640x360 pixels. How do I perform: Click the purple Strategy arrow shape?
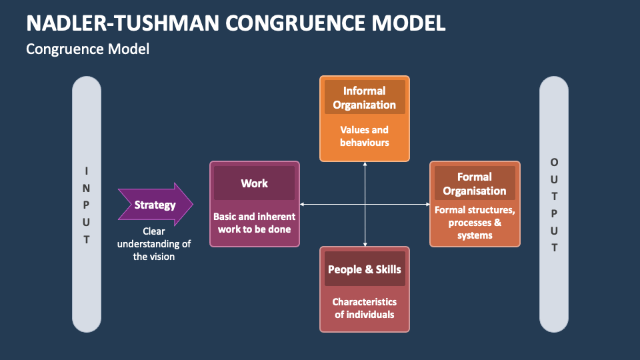click(x=155, y=205)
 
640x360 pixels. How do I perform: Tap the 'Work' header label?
click(x=254, y=183)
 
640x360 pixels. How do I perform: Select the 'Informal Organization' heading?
click(x=364, y=97)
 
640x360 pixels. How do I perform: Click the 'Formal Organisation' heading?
click(x=475, y=183)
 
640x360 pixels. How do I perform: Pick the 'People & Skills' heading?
click(x=364, y=269)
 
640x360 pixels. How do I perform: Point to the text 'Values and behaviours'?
click(x=364, y=136)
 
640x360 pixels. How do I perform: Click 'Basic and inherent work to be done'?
click(x=254, y=223)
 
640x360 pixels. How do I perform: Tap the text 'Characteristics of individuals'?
click(x=364, y=308)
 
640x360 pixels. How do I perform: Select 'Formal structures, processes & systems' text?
click(x=475, y=222)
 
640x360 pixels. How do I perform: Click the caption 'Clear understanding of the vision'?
click(x=154, y=244)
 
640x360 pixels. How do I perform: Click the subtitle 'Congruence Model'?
click(x=87, y=49)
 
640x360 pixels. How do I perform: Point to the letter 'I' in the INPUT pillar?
click(x=87, y=170)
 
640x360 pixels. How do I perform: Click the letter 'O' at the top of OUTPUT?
click(x=554, y=162)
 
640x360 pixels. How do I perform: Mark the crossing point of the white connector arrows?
click(x=365, y=204)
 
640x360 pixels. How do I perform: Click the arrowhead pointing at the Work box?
click(x=303, y=204)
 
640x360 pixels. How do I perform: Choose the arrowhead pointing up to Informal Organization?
click(x=365, y=165)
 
